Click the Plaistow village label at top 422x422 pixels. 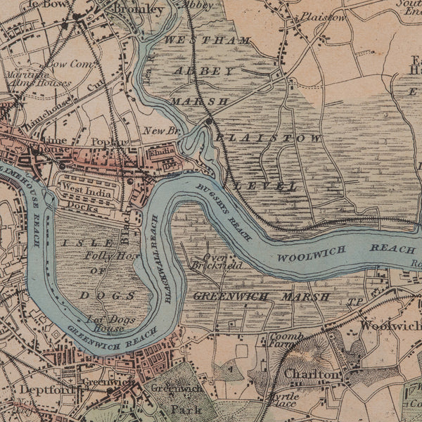tap(324, 17)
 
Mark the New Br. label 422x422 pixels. tap(158, 131)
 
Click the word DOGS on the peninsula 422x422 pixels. tap(98, 295)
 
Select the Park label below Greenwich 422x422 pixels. tap(187, 409)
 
